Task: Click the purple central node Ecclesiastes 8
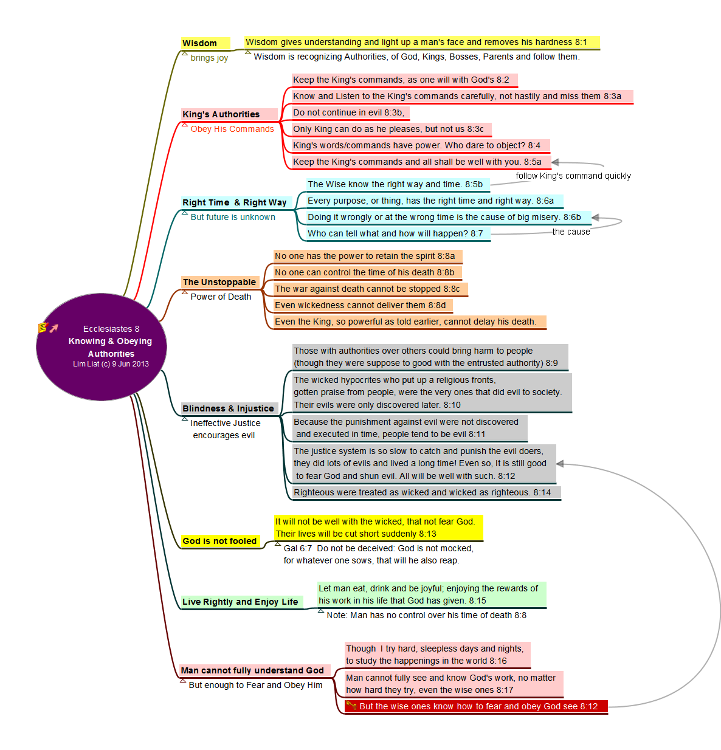(102, 347)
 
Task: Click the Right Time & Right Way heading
(235, 202)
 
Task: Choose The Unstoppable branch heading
(219, 282)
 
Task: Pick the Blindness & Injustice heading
(229, 408)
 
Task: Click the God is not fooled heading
(219, 541)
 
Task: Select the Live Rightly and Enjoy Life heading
(241, 602)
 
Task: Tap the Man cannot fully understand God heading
(253, 670)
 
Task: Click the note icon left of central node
(43, 328)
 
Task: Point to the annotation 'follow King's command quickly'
(573, 176)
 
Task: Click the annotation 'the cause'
(571, 232)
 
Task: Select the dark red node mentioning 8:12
(476, 706)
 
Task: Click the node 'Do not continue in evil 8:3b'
(348, 112)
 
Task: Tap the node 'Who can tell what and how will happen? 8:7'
(395, 233)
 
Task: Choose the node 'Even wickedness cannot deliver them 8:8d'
(360, 305)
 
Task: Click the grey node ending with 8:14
(423, 492)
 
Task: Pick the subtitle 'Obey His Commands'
(232, 129)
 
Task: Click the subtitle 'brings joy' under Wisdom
(209, 58)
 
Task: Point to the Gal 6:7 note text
(378, 554)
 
